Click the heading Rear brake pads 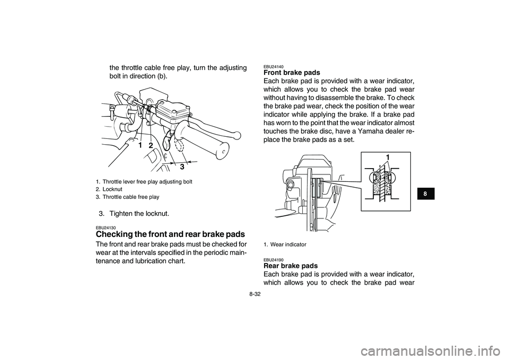(290, 266)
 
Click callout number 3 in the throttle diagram (182, 166)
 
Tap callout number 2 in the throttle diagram (151, 145)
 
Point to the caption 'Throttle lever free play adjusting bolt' (147, 181)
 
